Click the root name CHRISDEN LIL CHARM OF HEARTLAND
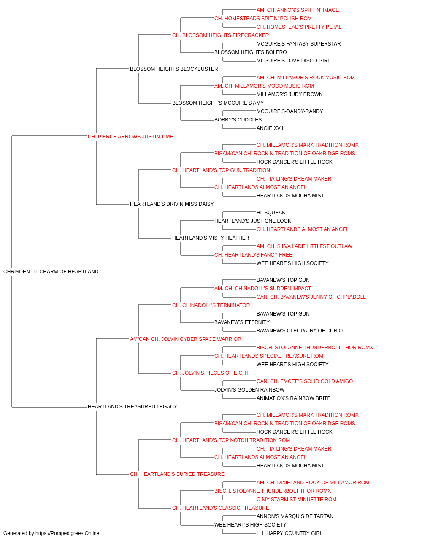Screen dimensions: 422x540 tap(51, 272)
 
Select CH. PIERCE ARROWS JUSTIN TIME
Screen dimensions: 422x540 tap(130, 137)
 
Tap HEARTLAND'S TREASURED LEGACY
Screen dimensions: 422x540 tap(133, 407)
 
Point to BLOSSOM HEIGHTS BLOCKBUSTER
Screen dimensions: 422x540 tap(174, 69)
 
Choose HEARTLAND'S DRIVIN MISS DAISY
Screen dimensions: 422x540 tap(172, 204)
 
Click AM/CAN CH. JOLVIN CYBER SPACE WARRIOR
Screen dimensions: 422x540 tap(186, 339)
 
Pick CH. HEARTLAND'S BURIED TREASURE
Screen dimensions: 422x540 tap(177, 474)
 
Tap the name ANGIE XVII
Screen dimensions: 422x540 tap(270, 128)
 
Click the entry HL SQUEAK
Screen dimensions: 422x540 tap(271, 213)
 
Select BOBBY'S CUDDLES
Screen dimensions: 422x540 tap(238, 120)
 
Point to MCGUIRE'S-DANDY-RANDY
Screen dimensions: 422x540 tap(290, 111)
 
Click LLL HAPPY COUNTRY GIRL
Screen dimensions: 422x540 tap(289, 533)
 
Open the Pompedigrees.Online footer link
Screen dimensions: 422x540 tap(68, 533)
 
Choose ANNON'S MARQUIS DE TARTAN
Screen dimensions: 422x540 tap(295, 516)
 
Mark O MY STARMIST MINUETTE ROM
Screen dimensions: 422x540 tap(297, 499)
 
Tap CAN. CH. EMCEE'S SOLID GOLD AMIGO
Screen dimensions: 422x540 tap(305, 381)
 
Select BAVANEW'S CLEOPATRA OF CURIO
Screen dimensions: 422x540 tap(300, 331)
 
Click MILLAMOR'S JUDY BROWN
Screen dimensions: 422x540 tap(289, 94)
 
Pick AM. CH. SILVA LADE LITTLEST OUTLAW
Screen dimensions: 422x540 tap(304, 246)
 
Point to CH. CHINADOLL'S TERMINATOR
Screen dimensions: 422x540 tap(211, 305)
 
